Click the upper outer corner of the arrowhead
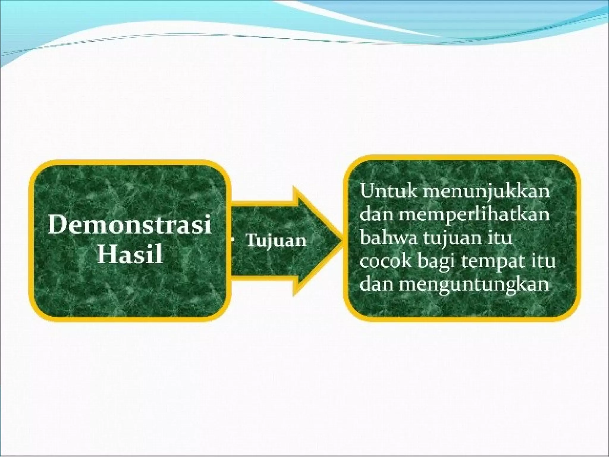294,187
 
